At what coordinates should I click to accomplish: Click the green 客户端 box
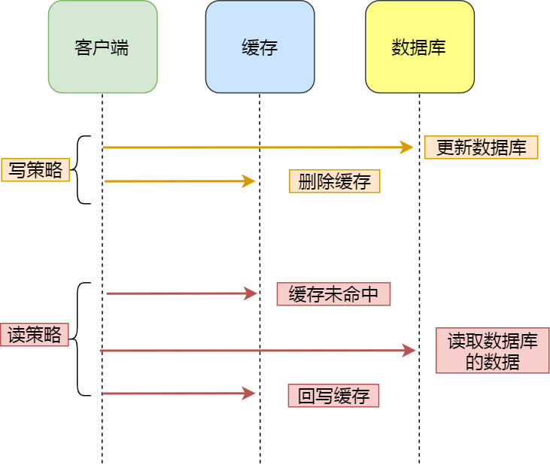point(102,47)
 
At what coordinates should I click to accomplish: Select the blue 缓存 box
point(260,47)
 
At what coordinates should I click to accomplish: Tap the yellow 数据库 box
point(419,47)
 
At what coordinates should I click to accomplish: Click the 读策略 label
point(35,335)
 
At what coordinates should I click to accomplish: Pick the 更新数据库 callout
point(481,147)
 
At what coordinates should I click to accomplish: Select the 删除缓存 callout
point(334,181)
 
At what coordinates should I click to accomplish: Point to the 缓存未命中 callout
point(333,294)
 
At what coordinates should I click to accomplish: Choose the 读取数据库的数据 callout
point(492,351)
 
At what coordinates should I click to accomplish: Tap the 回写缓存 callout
point(333,396)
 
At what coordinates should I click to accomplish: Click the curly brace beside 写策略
point(80,170)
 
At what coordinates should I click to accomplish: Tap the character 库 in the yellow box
point(437,47)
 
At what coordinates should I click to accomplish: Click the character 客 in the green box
point(84,47)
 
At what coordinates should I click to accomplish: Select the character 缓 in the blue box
point(251,47)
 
